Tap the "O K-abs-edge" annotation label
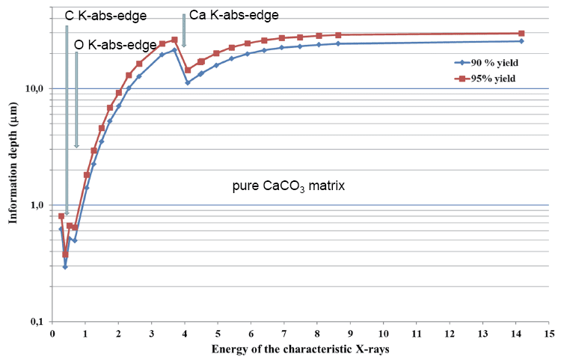coord(115,45)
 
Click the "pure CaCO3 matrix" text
coord(288,184)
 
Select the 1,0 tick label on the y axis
coord(37,205)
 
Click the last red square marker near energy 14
coord(521,34)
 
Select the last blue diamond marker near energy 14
coord(521,41)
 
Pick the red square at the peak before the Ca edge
coord(174,40)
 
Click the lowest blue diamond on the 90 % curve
coord(65,266)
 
